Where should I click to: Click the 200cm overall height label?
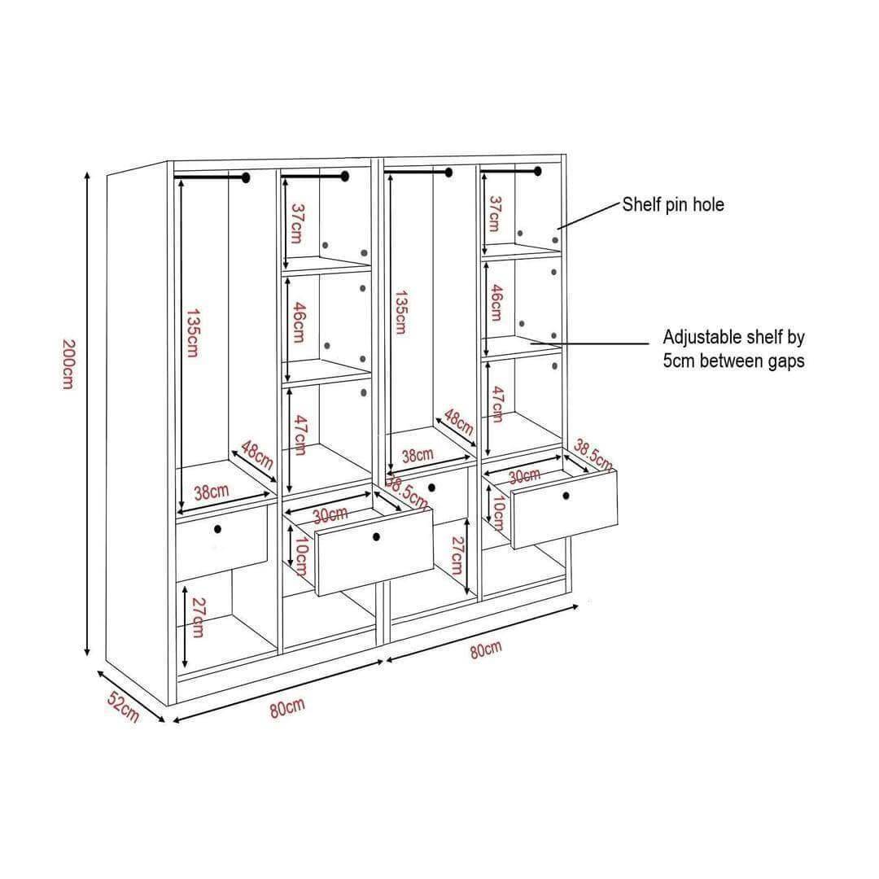tap(68, 365)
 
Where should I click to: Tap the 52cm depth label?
tap(124, 707)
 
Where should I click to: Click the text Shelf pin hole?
tap(673, 204)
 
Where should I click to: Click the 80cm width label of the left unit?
tap(287, 708)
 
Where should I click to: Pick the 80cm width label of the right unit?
tap(486, 649)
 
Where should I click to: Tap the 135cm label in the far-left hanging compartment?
tap(192, 332)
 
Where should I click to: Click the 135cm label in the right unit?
tap(400, 313)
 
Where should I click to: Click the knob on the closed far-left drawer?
tap(217, 529)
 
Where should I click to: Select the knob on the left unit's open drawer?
tap(376, 537)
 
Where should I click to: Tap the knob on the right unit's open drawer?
tap(566, 496)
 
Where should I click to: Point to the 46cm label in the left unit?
tap(299, 322)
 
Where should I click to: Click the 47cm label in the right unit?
tap(496, 405)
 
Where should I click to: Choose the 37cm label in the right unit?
tap(494, 213)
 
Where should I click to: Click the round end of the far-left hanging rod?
tap(245, 177)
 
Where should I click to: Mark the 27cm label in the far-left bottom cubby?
tap(197, 618)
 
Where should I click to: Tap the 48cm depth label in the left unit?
tap(257, 455)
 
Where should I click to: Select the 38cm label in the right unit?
tap(418, 455)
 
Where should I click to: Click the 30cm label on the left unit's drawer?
tap(330, 515)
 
